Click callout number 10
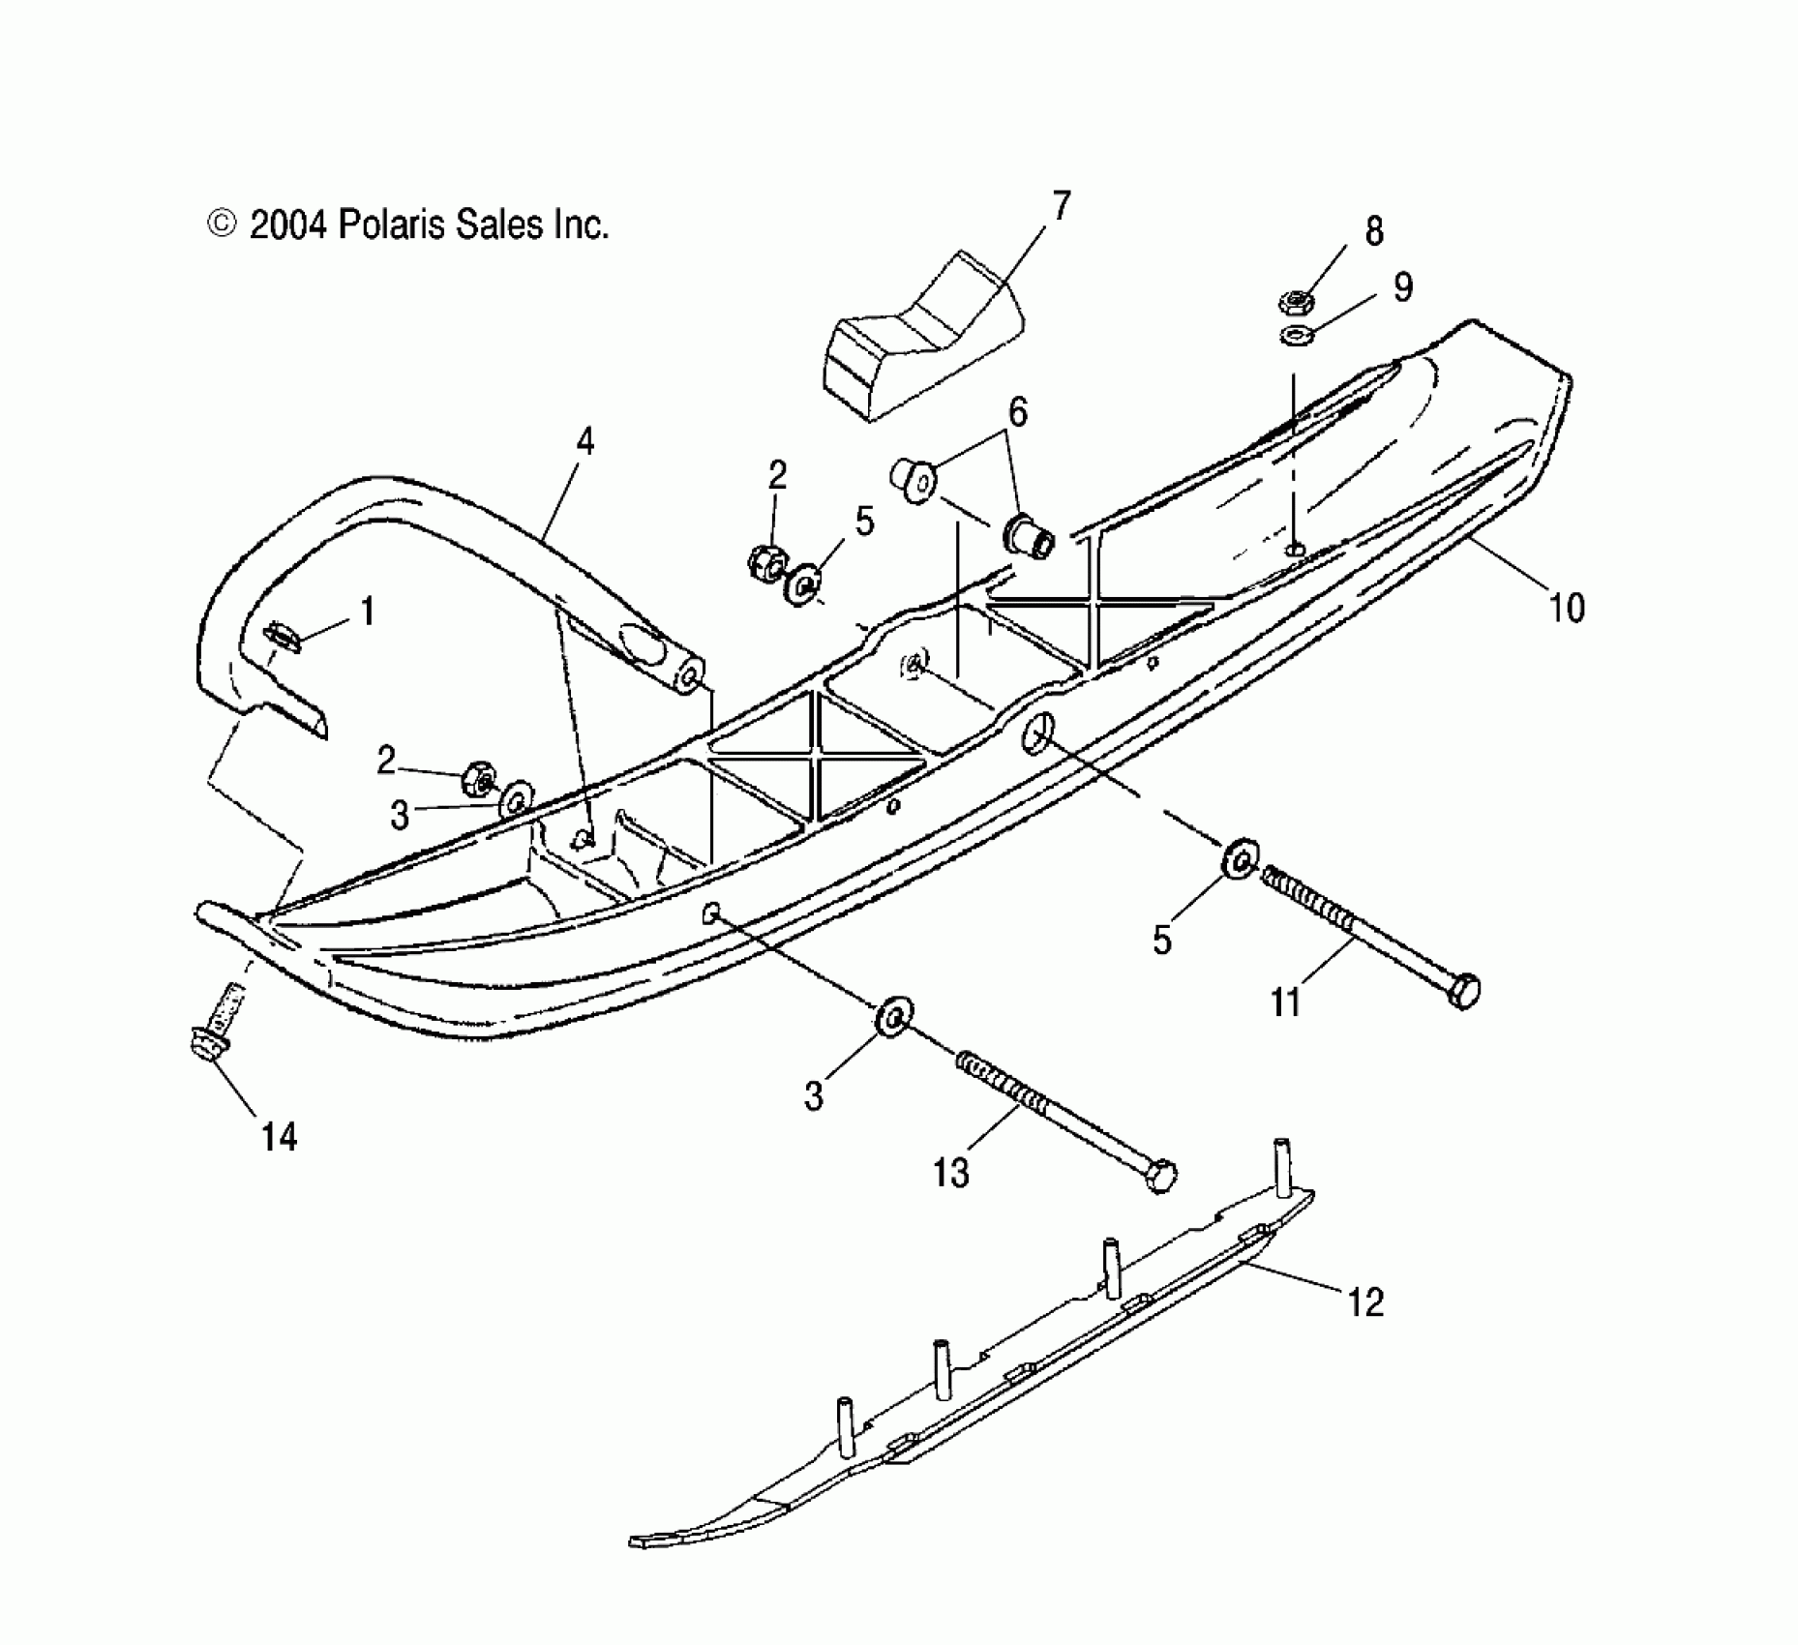1566,608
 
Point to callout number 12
1365,1302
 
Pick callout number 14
279,1136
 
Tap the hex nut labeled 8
1295,302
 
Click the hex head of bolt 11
1465,991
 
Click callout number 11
1285,1002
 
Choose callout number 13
950,1173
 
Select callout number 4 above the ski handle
584,441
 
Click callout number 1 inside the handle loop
367,611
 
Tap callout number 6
1017,411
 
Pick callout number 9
1402,286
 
